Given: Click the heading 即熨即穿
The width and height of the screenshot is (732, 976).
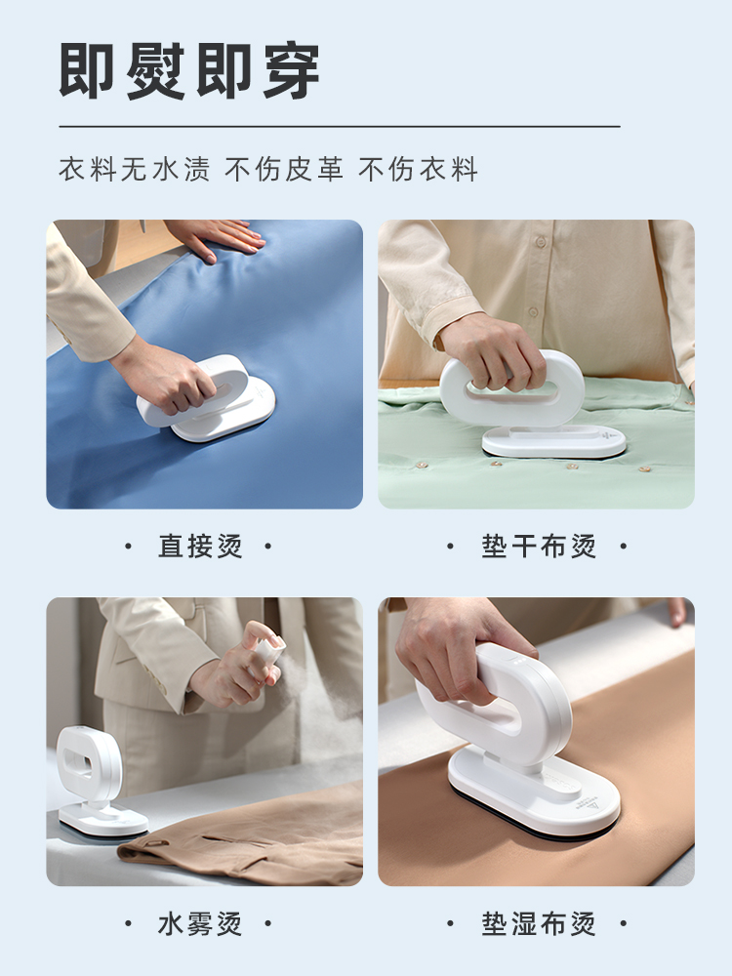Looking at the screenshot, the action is pyautogui.click(x=189, y=71).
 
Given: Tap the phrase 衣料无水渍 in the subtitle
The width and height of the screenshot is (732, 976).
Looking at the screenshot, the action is pyautogui.click(x=135, y=169).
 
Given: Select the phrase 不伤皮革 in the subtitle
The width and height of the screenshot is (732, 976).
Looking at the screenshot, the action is pyautogui.click(x=284, y=169).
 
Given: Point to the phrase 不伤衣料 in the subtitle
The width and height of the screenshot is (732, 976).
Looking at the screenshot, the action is pyautogui.click(x=419, y=169).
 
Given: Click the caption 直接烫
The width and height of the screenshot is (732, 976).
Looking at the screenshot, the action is pyautogui.click(x=200, y=546).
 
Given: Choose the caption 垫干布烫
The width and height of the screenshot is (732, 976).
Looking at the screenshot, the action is pyautogui.click(x=539, y=546).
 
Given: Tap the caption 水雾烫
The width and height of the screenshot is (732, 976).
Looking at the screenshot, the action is pyautogui.click(x=200, y=923).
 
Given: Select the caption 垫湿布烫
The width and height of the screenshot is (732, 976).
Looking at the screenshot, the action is pyautogui.click(x=539, y=923).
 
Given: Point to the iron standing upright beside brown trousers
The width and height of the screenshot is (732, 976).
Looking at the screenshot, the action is pyautogui.click(x=97, y=781).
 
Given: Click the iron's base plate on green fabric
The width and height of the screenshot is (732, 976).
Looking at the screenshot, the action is pyautogui.click(x=553, y=442).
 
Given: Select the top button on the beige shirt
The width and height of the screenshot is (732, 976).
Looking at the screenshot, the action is pyautogui.click(x=541, y=241).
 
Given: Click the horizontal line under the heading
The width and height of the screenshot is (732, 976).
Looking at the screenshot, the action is pyautogui.click(x=340, y=126).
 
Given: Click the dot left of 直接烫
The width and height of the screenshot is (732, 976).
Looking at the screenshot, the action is pyautogui.click(x=129, y=547).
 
